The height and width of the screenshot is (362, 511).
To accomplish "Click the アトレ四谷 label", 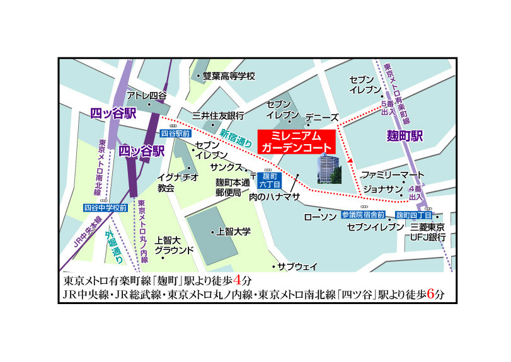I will [x=147, y=96].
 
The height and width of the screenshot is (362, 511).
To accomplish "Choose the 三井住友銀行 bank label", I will [x=219, y=116].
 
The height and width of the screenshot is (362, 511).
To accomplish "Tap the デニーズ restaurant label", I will [x=322, y=118].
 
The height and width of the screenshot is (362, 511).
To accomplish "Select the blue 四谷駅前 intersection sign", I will [x=175, y=133].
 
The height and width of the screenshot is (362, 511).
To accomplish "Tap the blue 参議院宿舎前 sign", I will [x=364, y=215].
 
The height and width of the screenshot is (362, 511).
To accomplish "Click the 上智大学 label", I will [x=233, y=232].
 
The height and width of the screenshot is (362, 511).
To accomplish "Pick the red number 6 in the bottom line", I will [x=430, y=293].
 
